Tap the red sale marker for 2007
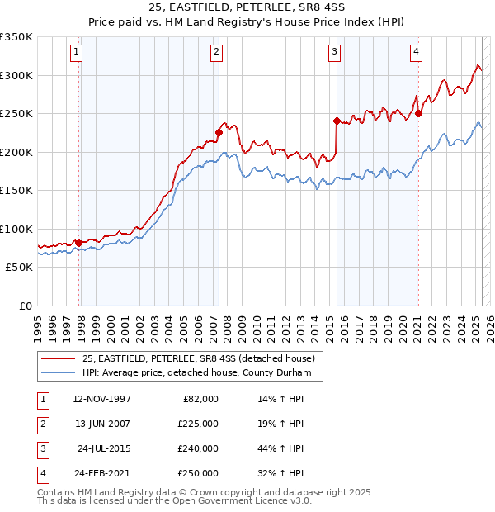[219, 132]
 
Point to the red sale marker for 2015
[337, 121]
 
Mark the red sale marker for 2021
[419, 113]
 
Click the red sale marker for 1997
[79, 242]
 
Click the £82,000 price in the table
[200, 398]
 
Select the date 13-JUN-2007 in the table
[102, 423]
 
